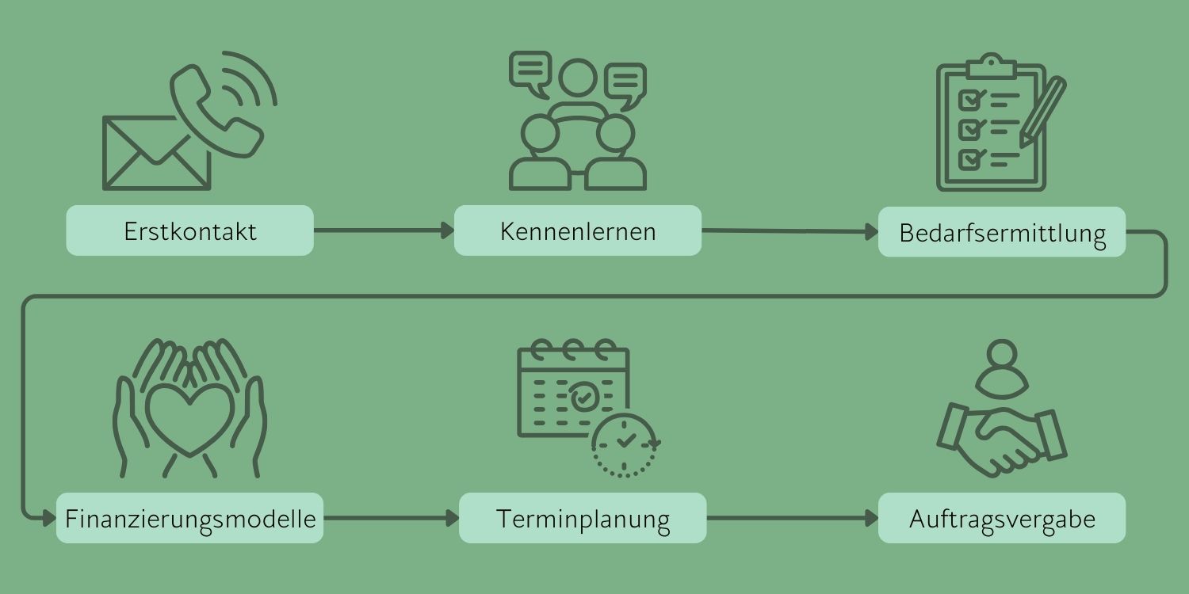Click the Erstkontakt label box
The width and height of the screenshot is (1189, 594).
click(x=189, y=230)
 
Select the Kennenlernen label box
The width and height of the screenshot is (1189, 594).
click(x=578, y=230)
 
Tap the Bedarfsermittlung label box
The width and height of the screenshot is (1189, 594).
click(x=1002, y=232)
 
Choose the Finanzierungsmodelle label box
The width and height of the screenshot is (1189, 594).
click(x=189, y=518)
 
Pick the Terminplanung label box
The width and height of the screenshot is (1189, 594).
click(x=583, y=518)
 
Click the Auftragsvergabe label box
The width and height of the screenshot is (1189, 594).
click(x=1002, y=518)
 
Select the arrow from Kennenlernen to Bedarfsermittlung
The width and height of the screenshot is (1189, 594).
click(x=789, y=231)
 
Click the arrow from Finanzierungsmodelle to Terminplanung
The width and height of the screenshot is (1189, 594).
click(x=392, y=519)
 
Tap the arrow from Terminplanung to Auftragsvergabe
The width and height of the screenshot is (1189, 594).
click(x=793, y=519)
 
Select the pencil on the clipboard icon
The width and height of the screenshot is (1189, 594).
click(x=1043, y=111)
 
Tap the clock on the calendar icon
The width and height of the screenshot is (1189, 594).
click(x=625, y=444)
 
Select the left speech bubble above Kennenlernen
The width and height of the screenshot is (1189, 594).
click(x=530, y=70)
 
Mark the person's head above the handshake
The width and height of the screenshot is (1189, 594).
click(x=1002, y=356)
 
